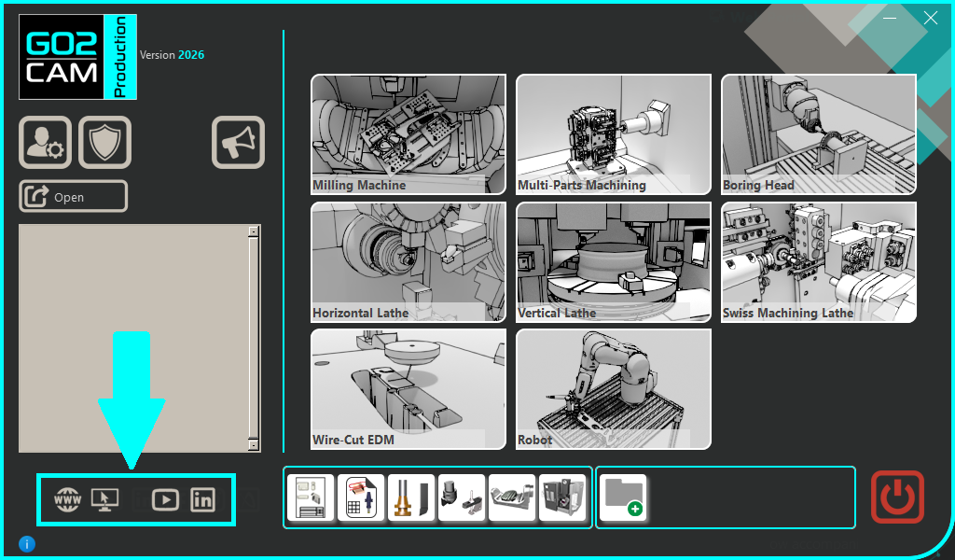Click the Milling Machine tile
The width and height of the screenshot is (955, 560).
[x=408, y=134]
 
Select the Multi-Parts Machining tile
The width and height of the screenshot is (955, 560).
[x=614, y=134]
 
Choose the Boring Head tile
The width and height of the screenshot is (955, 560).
[x=819, y=134]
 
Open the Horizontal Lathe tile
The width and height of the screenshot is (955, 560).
[x=408, y=262]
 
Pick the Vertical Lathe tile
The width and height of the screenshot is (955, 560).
[x=614, y=262]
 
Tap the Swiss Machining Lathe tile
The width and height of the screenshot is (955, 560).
[x=819, y=262]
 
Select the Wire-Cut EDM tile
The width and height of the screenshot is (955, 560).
[x=408, y=389]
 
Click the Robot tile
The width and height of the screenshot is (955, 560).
[x=614, y=389]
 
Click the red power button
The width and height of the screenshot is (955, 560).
[x=897, y=497]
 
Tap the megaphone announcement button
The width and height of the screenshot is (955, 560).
[x=238, y=142]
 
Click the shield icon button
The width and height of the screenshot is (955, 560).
[x=104, y=142]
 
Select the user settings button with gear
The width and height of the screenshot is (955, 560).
[x=45, y=142]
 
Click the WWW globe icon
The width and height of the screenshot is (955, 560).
[x=67, y=500]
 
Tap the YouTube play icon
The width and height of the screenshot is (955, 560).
[x=165, y=500]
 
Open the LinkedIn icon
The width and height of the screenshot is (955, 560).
[x=202, y=500]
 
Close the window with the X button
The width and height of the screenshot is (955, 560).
[x=931, y=19]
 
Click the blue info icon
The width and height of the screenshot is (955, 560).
[x=27, y=543]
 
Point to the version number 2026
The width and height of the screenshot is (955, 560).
[x=191, y=55]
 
